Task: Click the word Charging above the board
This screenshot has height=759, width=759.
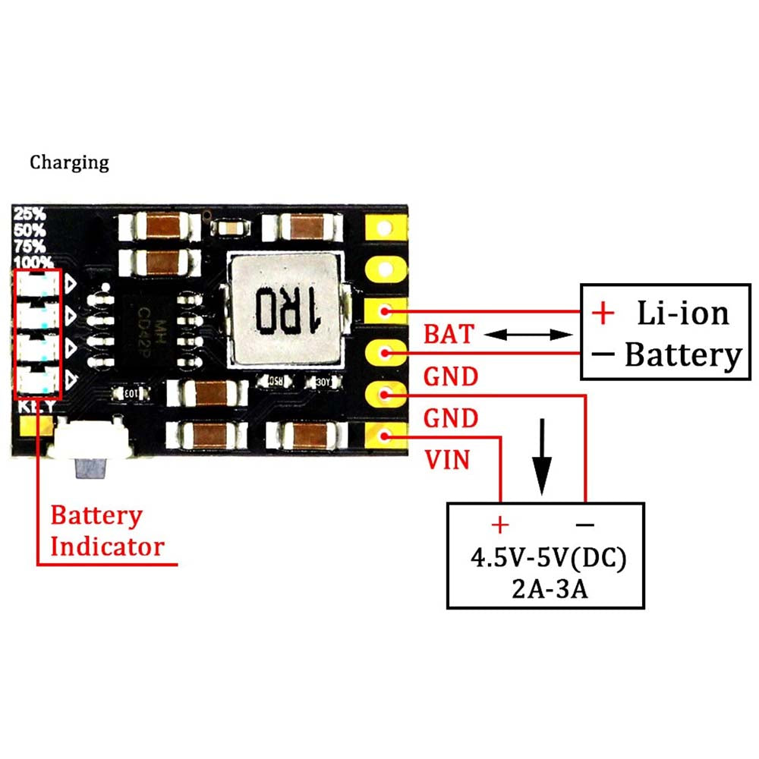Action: [69, 162]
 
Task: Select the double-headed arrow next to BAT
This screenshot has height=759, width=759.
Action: [528, 335]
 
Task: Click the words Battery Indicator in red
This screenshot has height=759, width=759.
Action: [106, 531]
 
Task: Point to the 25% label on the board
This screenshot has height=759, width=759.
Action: [29, 215]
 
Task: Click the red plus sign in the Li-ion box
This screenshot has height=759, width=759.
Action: [603, 312]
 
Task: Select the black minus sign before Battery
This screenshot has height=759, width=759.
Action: [603, 354]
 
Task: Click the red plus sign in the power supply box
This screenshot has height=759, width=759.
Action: [500, 524]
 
